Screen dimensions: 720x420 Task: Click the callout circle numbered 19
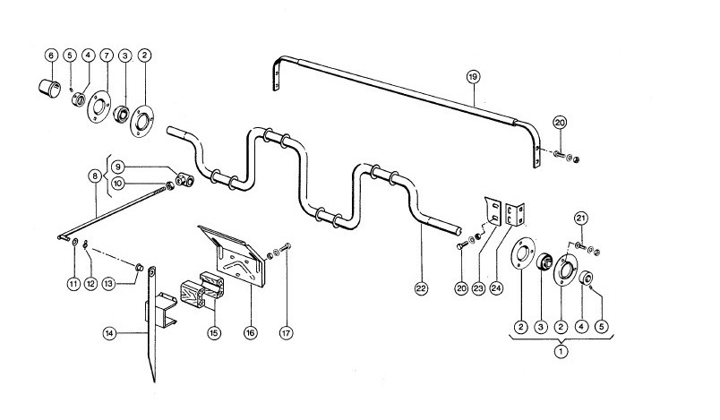[x=473, y=77]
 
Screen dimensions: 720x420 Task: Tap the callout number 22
[x=421, y=288]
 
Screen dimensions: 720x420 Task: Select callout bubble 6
[x=51, y=56]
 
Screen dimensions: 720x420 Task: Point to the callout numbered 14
[x=109, y=333]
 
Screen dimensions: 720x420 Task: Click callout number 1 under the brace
[x=561, y=352]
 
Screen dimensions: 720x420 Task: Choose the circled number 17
[x=286, y=333]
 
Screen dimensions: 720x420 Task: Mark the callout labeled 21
[x=581, y=218]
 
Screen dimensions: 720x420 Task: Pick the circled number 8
[x=95, y=176]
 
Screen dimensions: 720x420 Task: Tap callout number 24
[x=496, y=288]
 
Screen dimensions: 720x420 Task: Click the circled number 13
[x=108, y=284]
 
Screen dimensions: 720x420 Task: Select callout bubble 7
[x=106, y=56]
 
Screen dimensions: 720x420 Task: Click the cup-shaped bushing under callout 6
[x=48, y=88]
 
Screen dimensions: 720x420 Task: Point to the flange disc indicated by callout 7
[x=99, y=107]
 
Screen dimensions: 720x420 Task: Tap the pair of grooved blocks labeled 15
[x=202, y=289]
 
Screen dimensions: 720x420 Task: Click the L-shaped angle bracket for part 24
[x=515, y=214]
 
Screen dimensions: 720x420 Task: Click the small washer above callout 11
[x=75, y=242]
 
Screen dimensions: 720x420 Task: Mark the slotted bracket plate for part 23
[x=493, y=211]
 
